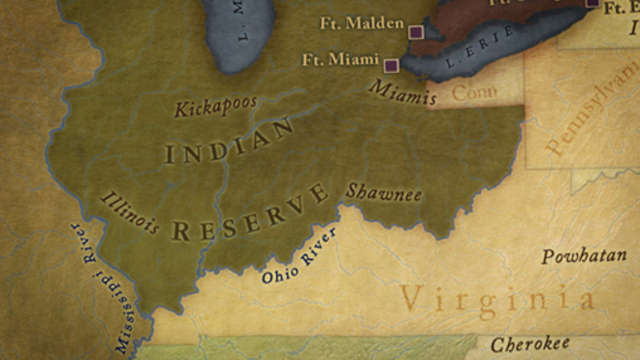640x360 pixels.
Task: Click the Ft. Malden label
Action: point(362,23)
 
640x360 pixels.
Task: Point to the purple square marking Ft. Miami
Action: point(391,66)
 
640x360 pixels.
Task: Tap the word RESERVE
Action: point(250,212)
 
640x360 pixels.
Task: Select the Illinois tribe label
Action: point(130,211)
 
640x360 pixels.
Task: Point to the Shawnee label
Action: point(384,193)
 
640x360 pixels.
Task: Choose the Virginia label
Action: point(497,298)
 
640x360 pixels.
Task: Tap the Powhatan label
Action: point(584,257)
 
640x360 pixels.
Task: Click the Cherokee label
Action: point(530,343)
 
